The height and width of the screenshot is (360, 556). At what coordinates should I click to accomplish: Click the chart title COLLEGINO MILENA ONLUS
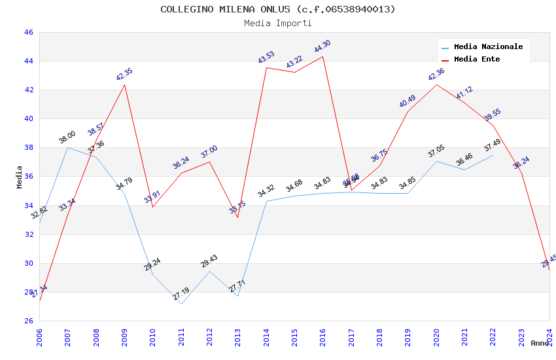click(x=278, y=9)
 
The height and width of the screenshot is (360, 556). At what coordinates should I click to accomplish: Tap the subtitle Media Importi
click(x=278, y=23)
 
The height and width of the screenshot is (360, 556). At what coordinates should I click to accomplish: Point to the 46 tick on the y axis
click(x=28, y=32)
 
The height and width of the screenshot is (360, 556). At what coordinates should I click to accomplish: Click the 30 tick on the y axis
click(x=28, y=263)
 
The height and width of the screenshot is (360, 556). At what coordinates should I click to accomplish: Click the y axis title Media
click(x=20, y=177)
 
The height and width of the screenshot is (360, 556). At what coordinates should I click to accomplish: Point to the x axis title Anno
click(x=540, y=343)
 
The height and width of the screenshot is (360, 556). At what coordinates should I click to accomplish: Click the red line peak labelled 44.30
click(x=323, y=56)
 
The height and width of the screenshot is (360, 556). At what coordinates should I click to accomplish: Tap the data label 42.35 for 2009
click(x=124, y=74)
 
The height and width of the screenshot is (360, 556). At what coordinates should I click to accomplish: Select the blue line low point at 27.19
click(x=181, y=304)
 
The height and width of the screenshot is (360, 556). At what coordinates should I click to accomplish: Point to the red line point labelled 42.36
click(x=436, y=84)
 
